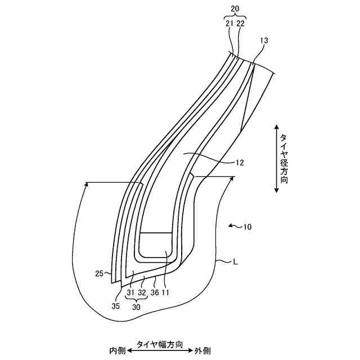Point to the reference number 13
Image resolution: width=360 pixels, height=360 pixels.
(264, 40)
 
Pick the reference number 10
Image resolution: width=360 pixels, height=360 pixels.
(247, 227)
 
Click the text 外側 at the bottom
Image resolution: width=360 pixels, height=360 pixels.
(202, 350)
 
